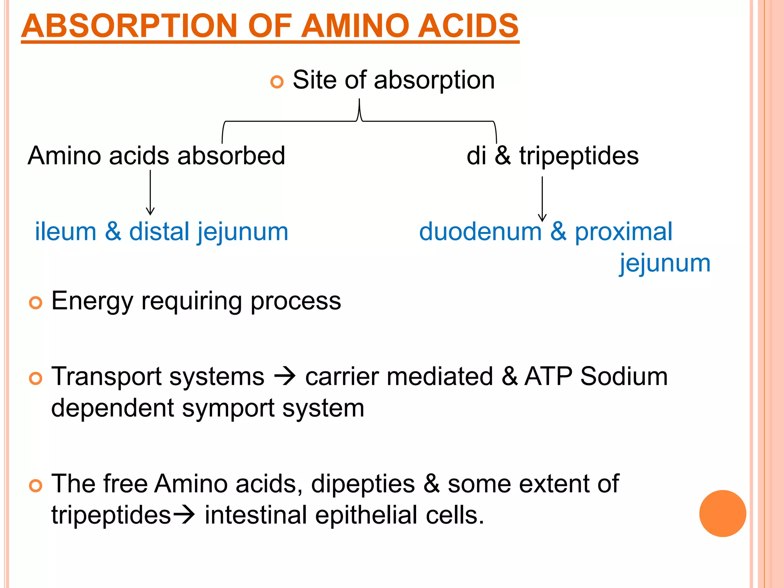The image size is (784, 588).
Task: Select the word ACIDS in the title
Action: tap(468, 26)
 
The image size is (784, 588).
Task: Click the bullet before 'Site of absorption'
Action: tap(276, 82)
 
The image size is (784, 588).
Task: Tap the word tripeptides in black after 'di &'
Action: tap(579, 156)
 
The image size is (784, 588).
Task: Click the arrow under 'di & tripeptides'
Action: tap(542, 199)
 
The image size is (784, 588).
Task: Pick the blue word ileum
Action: tap(65, 232)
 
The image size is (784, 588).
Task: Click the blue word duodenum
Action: tap(480, 232)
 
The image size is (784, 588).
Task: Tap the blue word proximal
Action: tap(623, 232)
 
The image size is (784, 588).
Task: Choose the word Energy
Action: tap(92, 301)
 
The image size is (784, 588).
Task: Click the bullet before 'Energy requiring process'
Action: tap(35, 303)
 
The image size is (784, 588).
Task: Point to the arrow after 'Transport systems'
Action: tap(285, 376)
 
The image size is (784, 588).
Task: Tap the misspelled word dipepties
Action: tap(363, 484)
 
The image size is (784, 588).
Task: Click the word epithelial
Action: tap(366, 515)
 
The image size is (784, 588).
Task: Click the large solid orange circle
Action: tap(722, 513)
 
